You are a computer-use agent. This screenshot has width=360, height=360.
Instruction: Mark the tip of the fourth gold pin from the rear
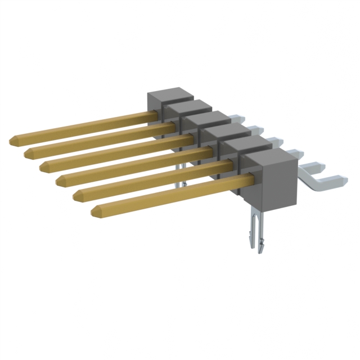coord(59,181)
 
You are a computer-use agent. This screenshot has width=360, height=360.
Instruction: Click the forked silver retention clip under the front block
coord(255,231)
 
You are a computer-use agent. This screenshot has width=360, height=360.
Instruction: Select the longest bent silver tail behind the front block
coord(326,179)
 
